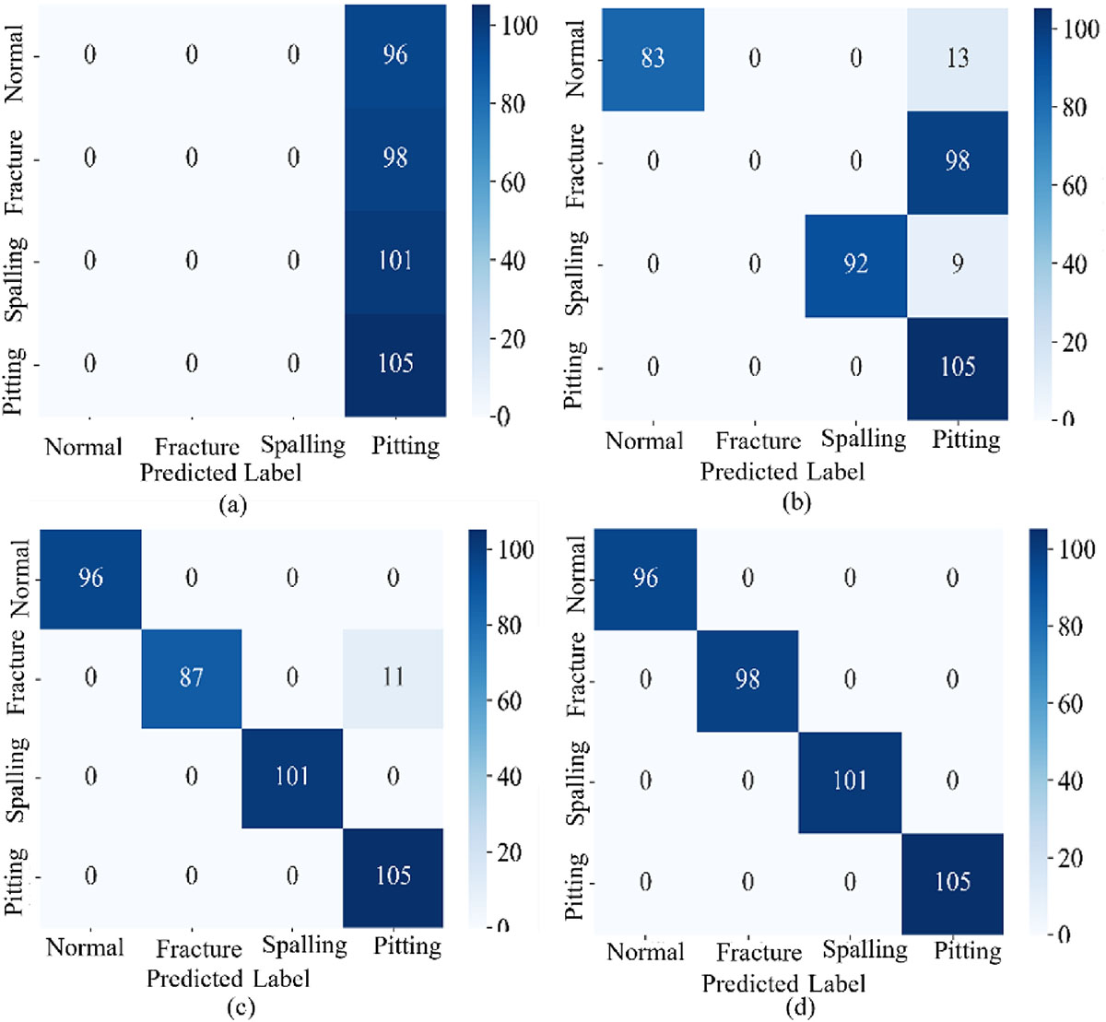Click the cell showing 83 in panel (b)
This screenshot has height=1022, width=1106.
point(653,60)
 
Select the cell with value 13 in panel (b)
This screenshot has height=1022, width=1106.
point(958,60)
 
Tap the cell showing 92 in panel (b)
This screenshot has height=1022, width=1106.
point(856,265)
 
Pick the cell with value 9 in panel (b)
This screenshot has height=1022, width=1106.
point(958,265)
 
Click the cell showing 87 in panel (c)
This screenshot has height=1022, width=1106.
point(192,678)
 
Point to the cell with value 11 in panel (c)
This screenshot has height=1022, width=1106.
point(394,678)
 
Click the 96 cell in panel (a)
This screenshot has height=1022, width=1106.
point(395,56)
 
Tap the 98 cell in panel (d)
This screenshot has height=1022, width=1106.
point(747,681)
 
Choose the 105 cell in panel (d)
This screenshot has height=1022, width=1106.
point(952,884)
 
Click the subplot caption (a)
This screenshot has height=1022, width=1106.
point(233,505)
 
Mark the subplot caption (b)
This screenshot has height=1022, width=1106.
point(796,502)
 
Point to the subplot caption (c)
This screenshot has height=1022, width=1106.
point(241,1006)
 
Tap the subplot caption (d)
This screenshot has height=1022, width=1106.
point(800,1006)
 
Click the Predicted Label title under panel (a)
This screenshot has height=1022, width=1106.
point(220,473)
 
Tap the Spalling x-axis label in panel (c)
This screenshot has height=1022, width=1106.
point(305,946)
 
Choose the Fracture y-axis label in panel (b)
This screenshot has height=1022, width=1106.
point(576,166)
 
